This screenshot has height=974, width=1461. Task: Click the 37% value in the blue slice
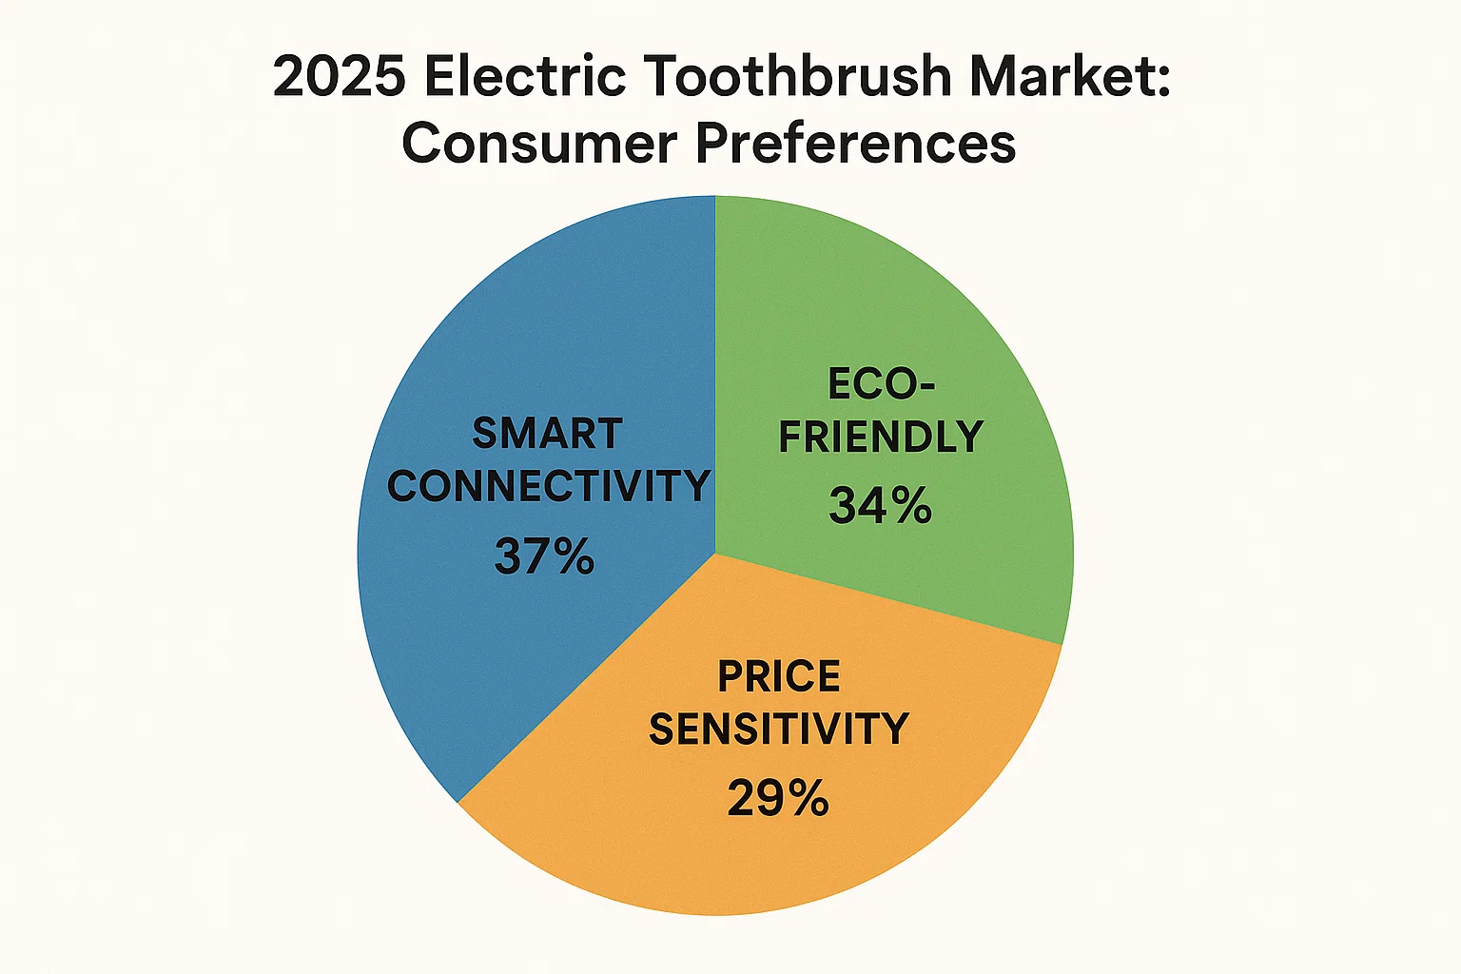544,556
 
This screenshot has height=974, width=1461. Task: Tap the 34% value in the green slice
880,506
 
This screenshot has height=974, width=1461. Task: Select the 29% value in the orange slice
778,798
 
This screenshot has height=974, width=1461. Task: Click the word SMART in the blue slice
547,434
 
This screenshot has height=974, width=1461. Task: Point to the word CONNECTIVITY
548,487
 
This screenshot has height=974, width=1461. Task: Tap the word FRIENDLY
881,437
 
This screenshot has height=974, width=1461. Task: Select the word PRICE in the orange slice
778,677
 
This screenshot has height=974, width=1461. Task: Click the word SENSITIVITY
778,730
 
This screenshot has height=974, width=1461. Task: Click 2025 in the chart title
339,76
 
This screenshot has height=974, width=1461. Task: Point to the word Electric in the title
525,76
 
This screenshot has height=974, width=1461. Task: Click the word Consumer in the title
539,145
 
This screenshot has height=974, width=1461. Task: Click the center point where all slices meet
714,555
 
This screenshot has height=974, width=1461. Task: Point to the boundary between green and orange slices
889,600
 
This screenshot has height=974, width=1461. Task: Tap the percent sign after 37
574,556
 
